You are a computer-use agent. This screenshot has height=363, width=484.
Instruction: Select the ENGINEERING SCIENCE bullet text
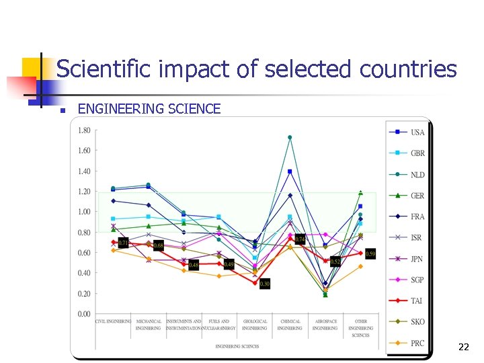point(149,109)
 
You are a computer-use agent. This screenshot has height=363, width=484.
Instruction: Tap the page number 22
point(463,348)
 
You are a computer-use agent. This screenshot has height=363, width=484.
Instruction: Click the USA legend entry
point(417,132)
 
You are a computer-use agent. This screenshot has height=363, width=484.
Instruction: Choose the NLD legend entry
point(417,174)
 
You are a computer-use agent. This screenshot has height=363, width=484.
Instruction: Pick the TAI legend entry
point(417,301)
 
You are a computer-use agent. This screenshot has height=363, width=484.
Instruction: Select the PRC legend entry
point(417,343)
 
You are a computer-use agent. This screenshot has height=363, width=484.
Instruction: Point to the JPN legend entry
point(417,259)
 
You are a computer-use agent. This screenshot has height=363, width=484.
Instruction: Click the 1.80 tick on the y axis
point(84,130)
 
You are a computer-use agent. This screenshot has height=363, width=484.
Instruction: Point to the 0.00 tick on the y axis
point(84,314)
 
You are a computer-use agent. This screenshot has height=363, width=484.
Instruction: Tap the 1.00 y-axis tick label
point(84,212)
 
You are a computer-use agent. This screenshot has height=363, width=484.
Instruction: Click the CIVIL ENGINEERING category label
point(113,322)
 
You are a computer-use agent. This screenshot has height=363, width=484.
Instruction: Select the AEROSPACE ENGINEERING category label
point(325,325)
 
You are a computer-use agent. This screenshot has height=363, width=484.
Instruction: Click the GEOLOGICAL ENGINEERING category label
point(255,325)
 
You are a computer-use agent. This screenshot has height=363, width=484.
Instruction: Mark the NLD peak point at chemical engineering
point(290,137)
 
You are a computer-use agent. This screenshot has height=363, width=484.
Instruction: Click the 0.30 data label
point(265,284)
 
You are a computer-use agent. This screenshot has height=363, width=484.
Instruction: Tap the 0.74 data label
point(300,239)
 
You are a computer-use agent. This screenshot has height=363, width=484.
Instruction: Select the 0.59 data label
point(370,253)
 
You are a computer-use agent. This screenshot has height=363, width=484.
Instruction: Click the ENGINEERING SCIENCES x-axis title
point(237,346)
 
